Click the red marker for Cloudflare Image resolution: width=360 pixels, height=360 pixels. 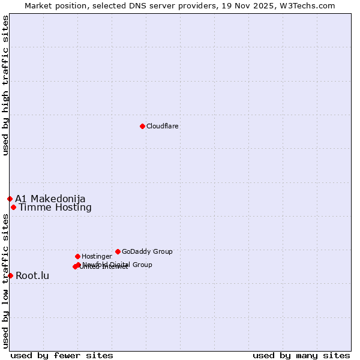pyautogui.click(x=142, y=126)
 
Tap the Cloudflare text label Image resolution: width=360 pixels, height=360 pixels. pyautogui.click(x=162, y=126)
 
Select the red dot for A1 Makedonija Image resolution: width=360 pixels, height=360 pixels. pyautogui.click(x=10, y=199)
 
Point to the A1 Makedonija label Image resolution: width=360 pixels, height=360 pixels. pyautogui.click(x=50, y=199)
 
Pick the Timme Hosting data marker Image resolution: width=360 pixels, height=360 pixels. pyautogui.click(x=13, y=207)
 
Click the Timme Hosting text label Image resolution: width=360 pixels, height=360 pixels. pyautogui.click(x=55, y=208)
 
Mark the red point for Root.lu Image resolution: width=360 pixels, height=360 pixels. pyautogui.click(x=10, y=275)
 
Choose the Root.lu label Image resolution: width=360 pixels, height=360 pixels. pyautogui.click(x=32, y=276)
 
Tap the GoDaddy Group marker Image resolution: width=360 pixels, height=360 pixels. pyautogui.click(x=118, y=251)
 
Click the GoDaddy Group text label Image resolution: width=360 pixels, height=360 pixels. pyautogui.click(x=147, y=251)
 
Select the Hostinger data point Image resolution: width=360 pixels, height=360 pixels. pyautogui.click(x=77, y=256)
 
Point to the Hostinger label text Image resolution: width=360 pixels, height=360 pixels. pyautogui.click(x=97, y=256)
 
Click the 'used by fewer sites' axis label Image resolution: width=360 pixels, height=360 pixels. pyautogui.click(x=62, y=355)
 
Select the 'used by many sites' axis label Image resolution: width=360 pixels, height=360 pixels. pyautogui.click(x=301, y=355)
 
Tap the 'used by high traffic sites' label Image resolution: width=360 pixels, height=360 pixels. pyautogui.click(x=5, y=85)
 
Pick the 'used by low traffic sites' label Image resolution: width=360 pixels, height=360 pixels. pyautogui.click(x=5, y=281)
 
